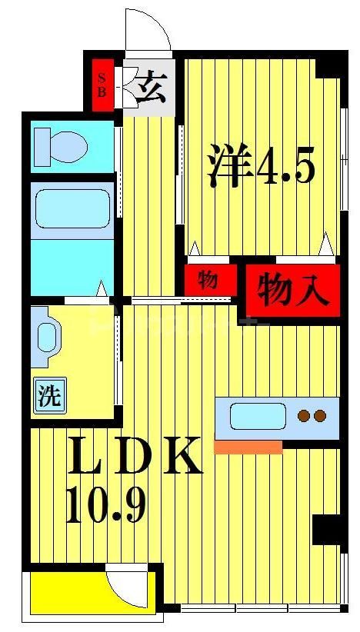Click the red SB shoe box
pos(102,84)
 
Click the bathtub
pos(72,208)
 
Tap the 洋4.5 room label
pos(260,167)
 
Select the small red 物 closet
pos(208,280)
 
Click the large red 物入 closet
pos(292,291)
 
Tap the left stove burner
pos(303,416)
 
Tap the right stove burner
pos(321,416)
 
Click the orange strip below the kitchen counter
pos(248,447)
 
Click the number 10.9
pos(105,506)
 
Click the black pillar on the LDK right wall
pos(326,530)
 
